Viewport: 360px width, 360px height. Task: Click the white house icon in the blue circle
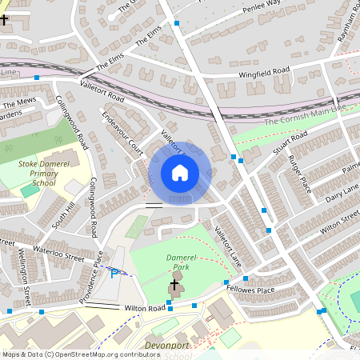click(x=180, y=173)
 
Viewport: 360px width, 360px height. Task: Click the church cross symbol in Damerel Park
click(x=174, y=284)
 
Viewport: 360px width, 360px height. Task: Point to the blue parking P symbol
click(x=114, y=273)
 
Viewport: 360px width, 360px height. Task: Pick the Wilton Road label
click(x=143, y=307)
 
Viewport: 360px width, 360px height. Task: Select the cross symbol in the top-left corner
click(x=5, y=18)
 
